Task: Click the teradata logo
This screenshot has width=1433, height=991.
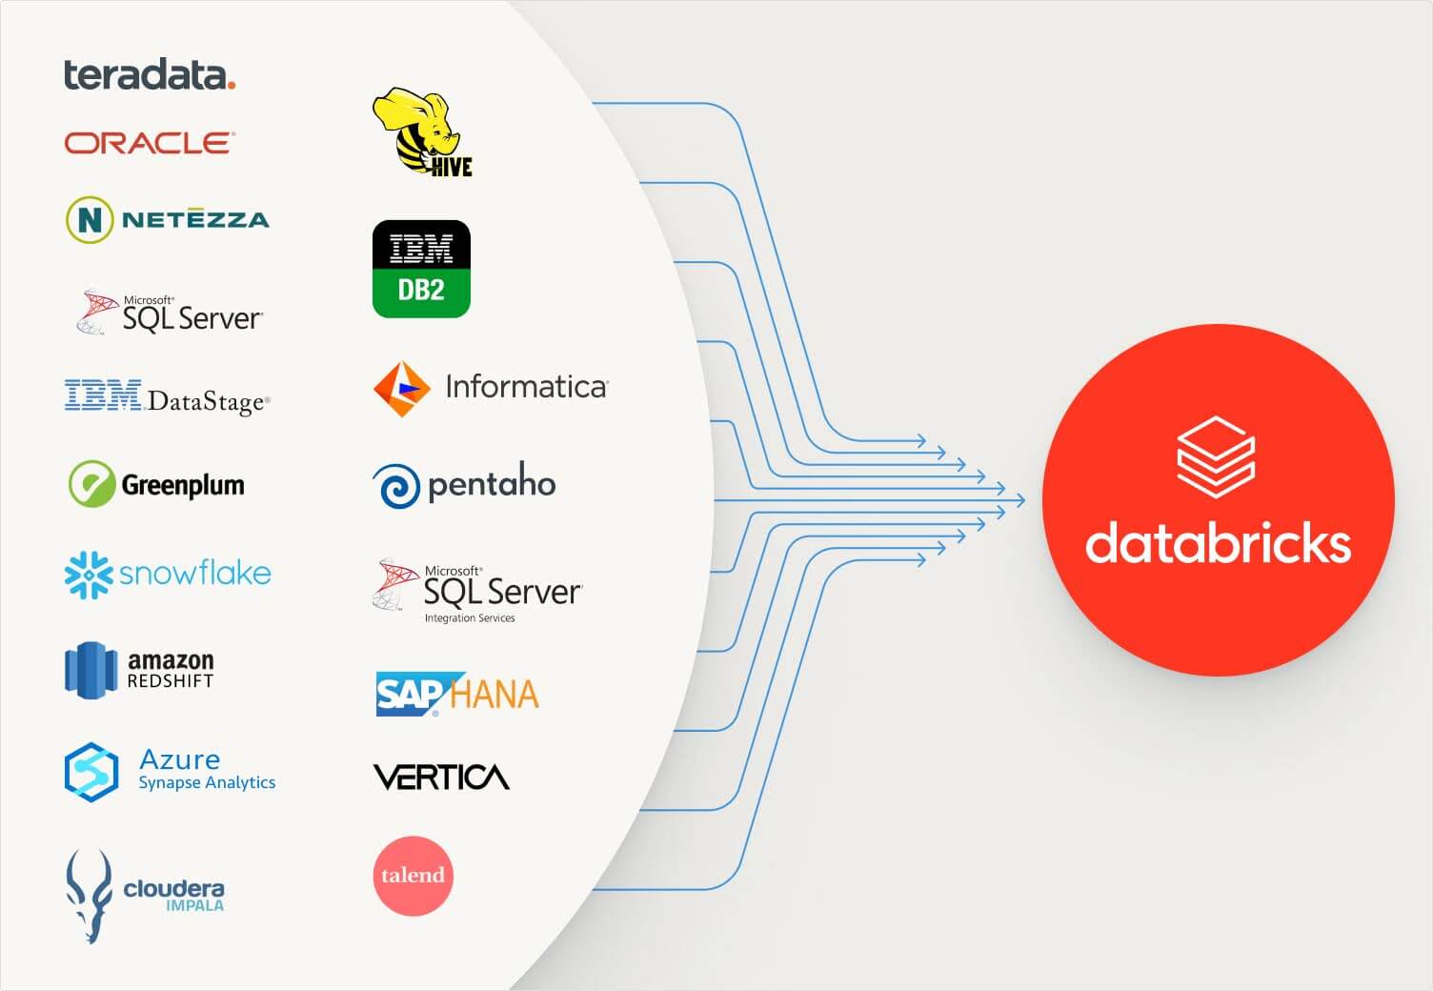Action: coord(149,74)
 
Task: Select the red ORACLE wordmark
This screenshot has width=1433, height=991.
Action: coord(149,143)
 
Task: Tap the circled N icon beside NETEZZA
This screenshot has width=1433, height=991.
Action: coord(90,219)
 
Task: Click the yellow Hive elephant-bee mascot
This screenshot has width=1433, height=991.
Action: coord(417,129)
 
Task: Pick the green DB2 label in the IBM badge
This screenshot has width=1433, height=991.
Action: coord(421,290)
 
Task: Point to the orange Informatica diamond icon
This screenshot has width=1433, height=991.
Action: coord(400,389)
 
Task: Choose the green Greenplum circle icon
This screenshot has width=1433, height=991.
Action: coord(91,484)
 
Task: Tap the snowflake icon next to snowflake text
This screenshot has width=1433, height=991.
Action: coord(88,575)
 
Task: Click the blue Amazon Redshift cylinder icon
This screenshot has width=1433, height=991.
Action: coord(91,670)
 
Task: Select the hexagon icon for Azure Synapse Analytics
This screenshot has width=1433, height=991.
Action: coord(91,771)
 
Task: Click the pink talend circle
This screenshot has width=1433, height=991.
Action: coord(413,876)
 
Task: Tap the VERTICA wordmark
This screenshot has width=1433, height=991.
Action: coord(441,778)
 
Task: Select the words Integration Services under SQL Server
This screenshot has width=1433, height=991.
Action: coord(470,618)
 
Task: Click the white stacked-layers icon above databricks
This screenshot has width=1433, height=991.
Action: coord(1216,456)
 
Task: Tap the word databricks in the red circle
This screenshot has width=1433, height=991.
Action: coord(1218,543)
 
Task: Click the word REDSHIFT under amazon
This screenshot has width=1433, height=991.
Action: coord(171,681)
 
